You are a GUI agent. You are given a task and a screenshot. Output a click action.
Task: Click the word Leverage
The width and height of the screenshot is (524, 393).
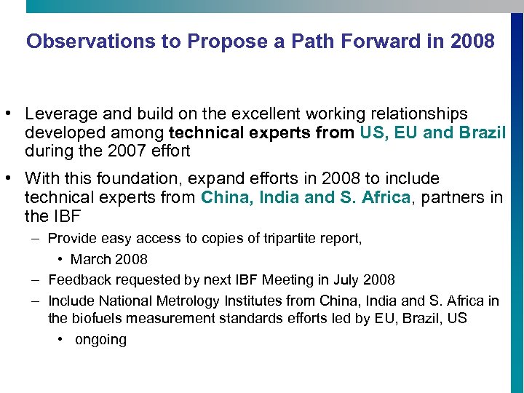click(x=57, y=114)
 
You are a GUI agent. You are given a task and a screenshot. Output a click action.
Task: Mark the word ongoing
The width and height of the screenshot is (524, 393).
click(x=100, y=340)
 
